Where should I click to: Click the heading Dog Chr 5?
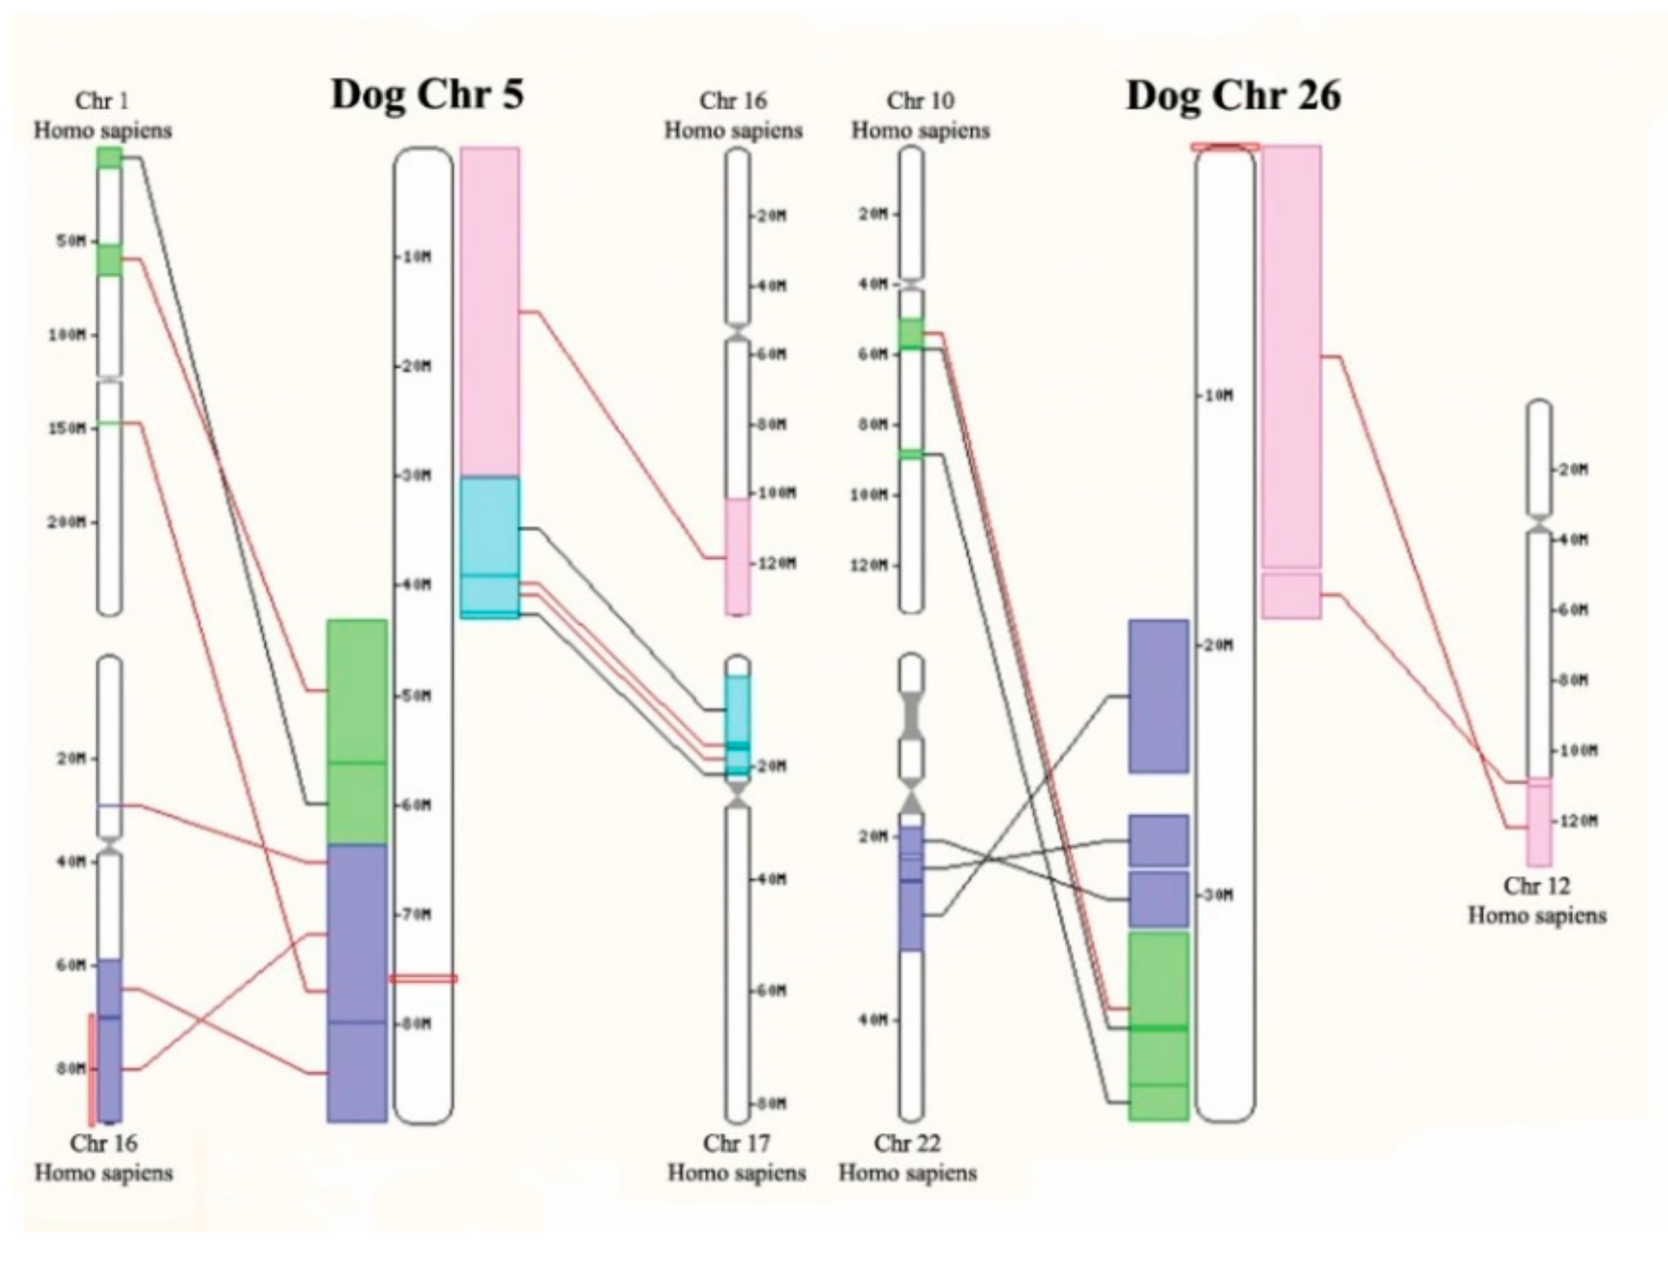point(428,96)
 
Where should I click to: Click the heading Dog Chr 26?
point(1233,97)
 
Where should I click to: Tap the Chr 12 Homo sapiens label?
point(1537,900)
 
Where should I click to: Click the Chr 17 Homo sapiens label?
point(737,1158)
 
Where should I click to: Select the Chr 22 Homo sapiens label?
point(907,1158)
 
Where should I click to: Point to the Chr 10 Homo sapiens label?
point(920,115)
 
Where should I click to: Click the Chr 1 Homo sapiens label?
point(103,115)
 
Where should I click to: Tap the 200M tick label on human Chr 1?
point(66,522)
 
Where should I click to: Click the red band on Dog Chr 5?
point(423,979)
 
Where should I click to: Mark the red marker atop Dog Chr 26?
point(1225,146)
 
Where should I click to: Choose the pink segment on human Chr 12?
point(1539,822)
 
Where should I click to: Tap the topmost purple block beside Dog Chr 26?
point(1158,695)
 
